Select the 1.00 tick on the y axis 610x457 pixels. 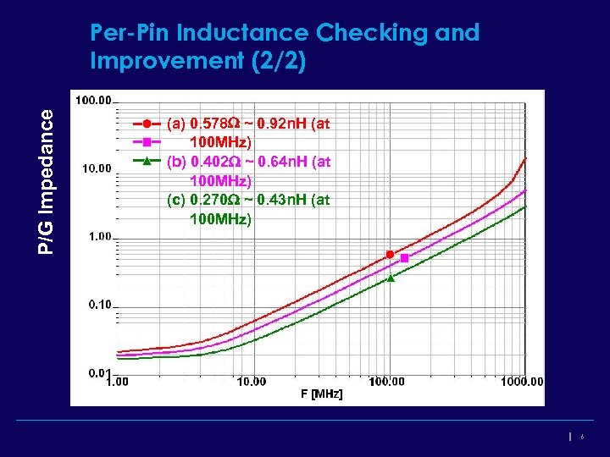pos(98,236)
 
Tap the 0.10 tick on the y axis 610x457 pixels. pos(98,304)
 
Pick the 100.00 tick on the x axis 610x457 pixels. pos(386,382)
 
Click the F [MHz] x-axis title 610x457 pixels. pos(321,394)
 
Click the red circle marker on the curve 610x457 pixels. pos(390,254)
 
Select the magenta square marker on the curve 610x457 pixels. pos(404,257)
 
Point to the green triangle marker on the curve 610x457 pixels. pos(391,278)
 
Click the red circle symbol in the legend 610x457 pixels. pos(147,124)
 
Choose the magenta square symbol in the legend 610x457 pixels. pos(147,141)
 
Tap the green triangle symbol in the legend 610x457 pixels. pos(147,159)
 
